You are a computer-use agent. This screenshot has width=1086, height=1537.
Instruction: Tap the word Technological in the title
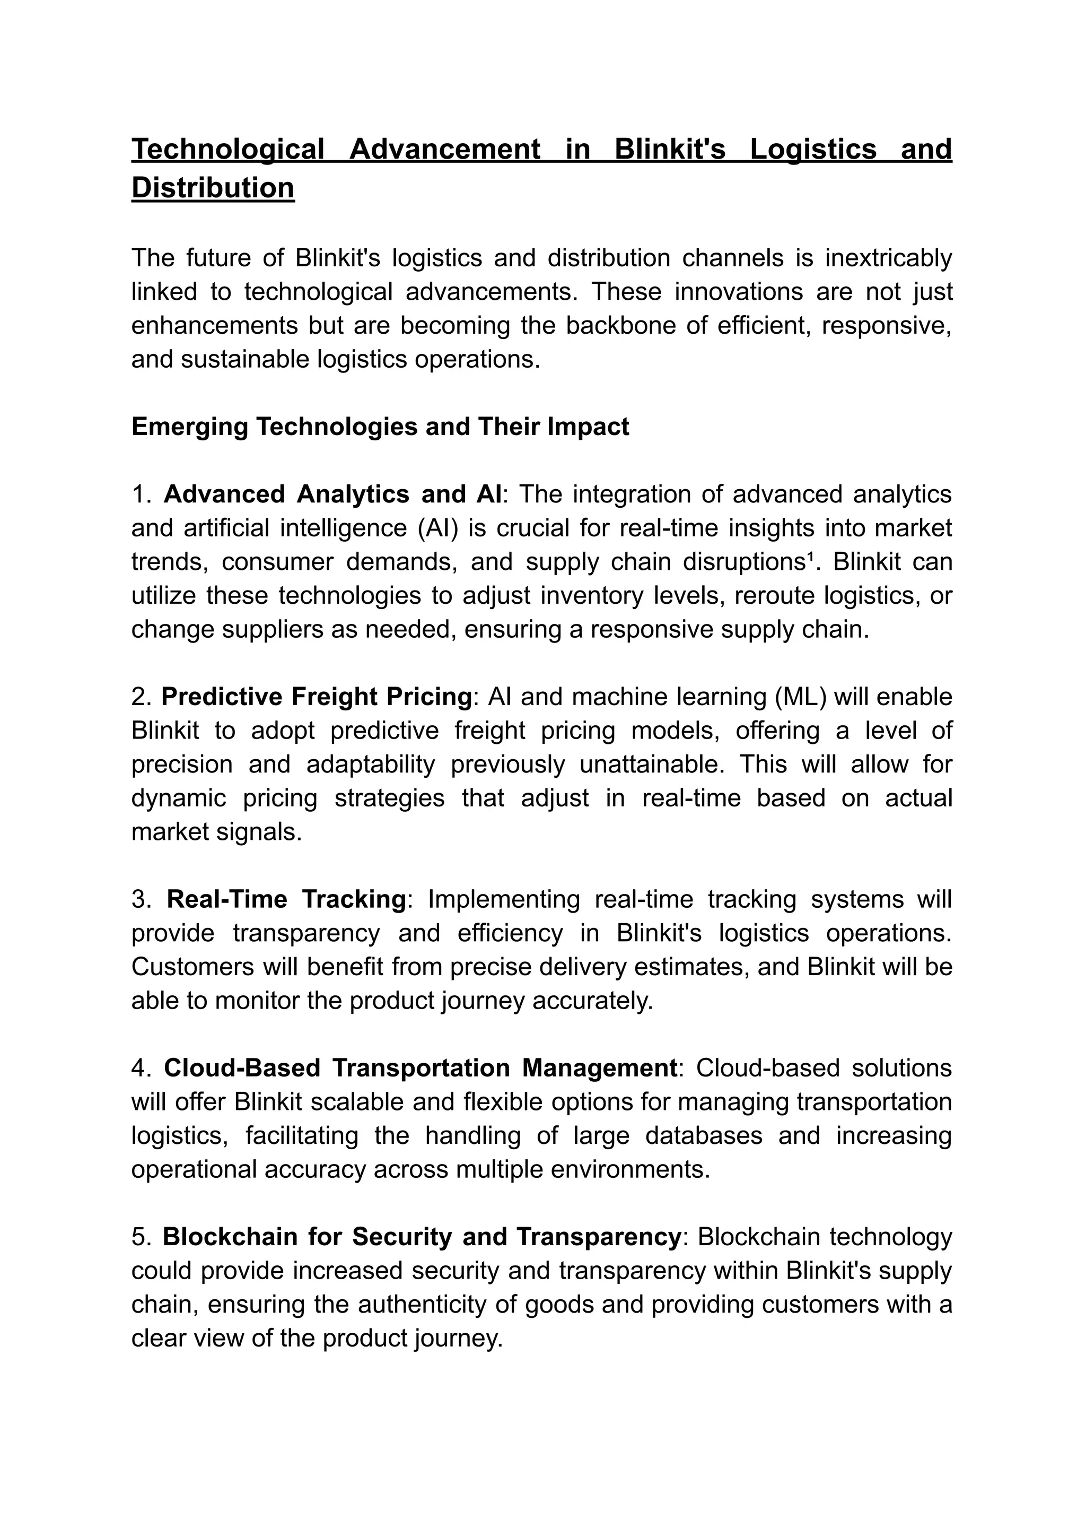[x=227, y=149]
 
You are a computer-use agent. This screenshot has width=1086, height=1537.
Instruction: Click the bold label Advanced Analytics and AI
[x=332, y=494]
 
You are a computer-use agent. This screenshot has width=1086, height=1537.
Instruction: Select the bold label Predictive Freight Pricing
[x=317, y=697]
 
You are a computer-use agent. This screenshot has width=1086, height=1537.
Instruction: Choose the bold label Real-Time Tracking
[x=286, y=899]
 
